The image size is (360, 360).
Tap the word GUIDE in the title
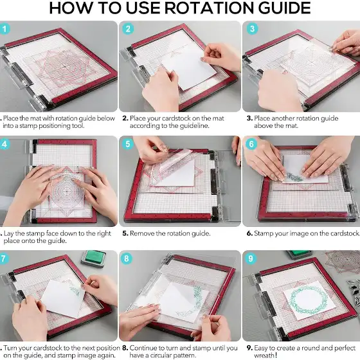point(284,8)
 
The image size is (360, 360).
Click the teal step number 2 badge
point(128,29)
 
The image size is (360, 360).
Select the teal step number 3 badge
point(252,29)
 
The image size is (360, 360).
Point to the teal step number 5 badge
point(128,144)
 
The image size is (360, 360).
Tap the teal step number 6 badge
point(251,144)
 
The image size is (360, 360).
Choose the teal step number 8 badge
point(127,258)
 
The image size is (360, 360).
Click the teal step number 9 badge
point(251,258)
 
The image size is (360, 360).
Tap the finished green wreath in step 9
point(309,300)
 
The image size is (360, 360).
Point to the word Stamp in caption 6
point(264,233)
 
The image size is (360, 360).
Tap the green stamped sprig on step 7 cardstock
point(75,290)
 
